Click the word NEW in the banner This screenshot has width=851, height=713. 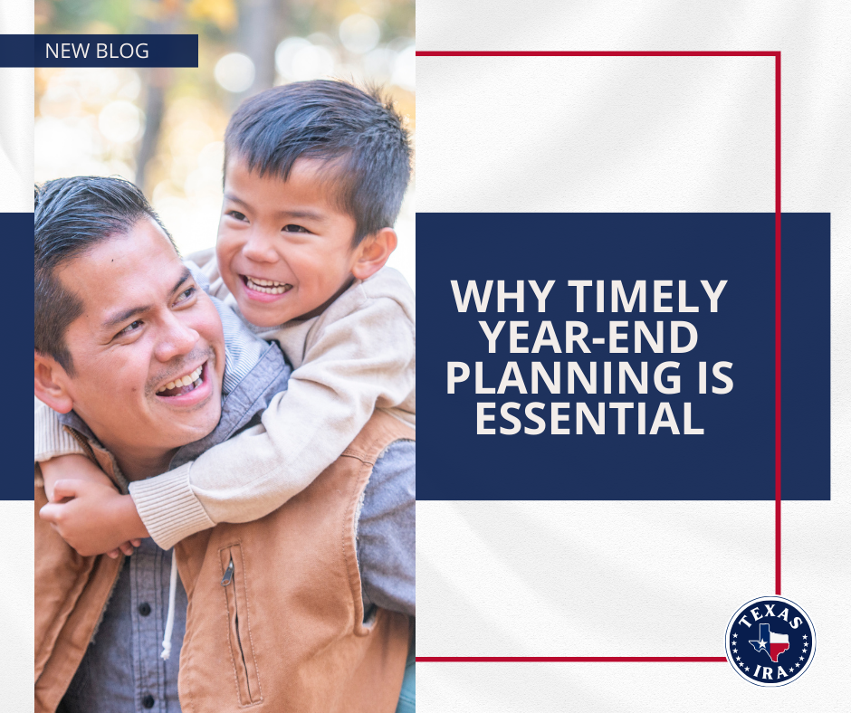[67, 51]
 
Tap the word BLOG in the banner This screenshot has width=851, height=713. [122, 51]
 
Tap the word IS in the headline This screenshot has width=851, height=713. [715, 377]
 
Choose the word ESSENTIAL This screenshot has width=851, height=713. [589, 418]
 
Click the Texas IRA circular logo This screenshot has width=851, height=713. [770, 642]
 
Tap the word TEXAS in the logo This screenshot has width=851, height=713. [770, 614]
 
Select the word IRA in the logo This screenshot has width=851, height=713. [770, 673]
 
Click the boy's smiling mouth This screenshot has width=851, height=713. [267, 286]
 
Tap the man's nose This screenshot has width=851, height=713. [177, 337]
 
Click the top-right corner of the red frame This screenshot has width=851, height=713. [778, 53]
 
